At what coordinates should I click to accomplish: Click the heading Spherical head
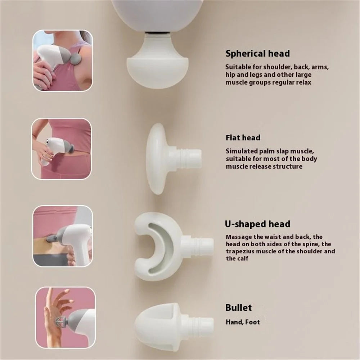(x=258, y=54)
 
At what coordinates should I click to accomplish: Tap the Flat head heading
(x=243, y=138)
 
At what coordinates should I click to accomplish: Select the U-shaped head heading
(x=258, y=224)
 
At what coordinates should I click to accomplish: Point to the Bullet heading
(x=239, y=308)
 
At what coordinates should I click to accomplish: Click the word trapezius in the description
(x=240, y=251)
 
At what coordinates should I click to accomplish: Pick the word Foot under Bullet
(x=253, y=322)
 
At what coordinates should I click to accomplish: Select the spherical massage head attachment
(x=158, y=62)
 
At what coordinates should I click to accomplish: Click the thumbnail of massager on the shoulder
(x=63, y=60)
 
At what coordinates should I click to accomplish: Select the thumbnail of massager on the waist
(x=61, y=149)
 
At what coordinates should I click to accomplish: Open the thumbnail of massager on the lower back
(x=63, y=236)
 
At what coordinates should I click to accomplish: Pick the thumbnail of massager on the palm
(x=66, y=317)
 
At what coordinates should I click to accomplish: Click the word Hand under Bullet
(x=234, y=322)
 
